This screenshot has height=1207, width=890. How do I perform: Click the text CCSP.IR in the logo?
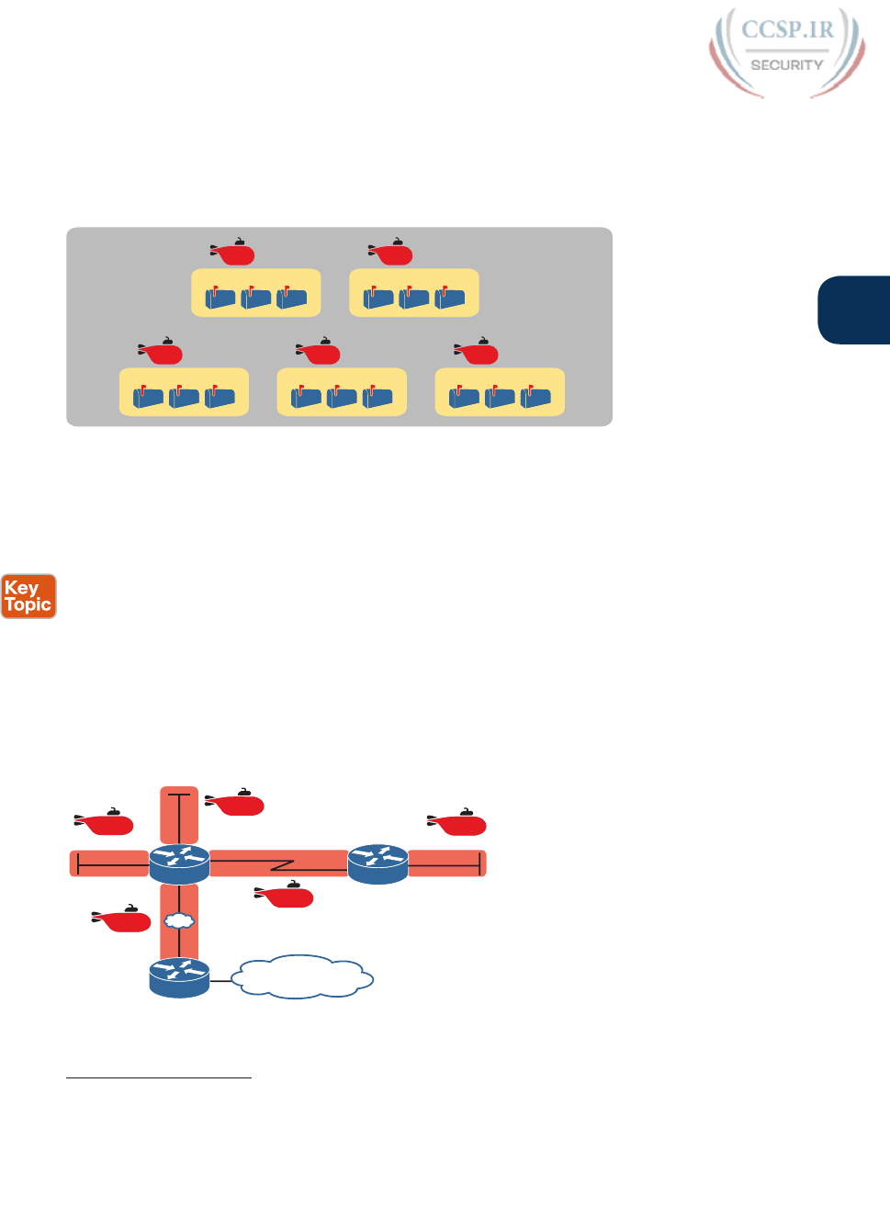(787, 30)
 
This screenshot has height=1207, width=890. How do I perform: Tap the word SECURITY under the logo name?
(787, 65)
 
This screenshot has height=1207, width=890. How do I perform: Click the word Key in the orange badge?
(21, 588)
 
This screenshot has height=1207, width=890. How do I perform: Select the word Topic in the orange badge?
(28, 604)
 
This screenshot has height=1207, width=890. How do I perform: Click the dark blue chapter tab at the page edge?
(855, 310)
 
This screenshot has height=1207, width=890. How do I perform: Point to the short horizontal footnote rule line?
(159, 1077)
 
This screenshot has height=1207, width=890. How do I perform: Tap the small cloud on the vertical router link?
(179, 919)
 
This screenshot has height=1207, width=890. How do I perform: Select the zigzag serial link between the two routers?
(279, 864)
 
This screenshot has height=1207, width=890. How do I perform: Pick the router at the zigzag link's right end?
(378, 864)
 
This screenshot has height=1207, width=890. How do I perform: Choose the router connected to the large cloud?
(179, 977)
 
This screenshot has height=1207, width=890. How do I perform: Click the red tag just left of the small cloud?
(123, 919)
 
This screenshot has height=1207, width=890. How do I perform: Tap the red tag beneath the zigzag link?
(286, 896)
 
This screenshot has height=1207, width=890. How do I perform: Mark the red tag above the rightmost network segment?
(458, 823)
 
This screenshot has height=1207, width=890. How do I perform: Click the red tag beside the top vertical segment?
(236, 804)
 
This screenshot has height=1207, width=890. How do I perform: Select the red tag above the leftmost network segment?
(106, 823)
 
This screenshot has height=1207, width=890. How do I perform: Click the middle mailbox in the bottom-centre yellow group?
(342, 397)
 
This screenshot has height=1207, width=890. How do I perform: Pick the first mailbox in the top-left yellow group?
(220, 298)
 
